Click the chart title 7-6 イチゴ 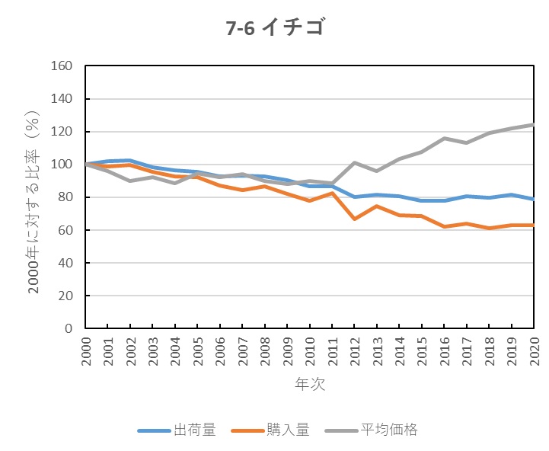click(274, 28)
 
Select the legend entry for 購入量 click(277, 430)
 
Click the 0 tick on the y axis click(68, 328)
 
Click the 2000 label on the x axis click(85, 352)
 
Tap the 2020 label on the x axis click(534, 352)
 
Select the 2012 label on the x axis click(354, 352)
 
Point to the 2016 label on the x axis click(444, 352)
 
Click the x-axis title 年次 click(309, 385)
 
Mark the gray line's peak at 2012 click(354, 162)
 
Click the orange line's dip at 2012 click(354, 219)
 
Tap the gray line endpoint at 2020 click(533, 125)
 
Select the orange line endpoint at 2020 click(533, 225)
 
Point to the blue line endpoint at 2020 click(533, 199)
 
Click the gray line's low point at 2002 click(130, 181)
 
